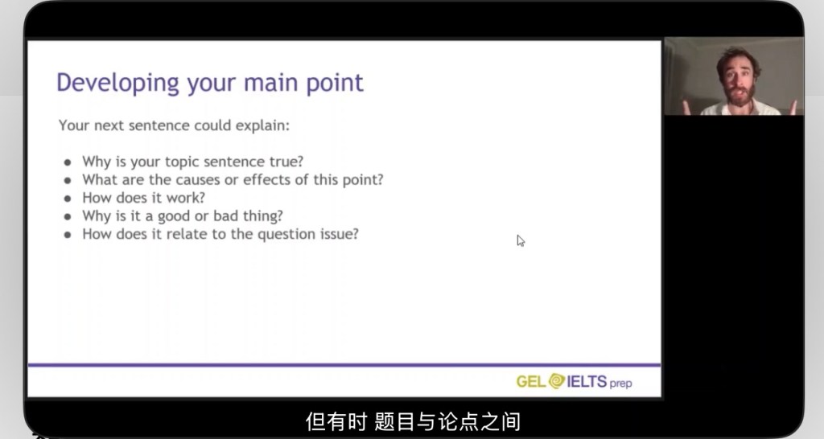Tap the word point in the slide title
click(x=335, y=83)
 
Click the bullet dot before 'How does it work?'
click(x=68, y=199)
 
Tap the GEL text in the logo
click(x=531, y=381)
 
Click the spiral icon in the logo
click(x=557, y=381)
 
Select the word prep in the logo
click(x=620, y=384)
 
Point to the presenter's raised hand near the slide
click(x=686, y=108)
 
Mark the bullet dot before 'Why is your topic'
click(x=68, y=162)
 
